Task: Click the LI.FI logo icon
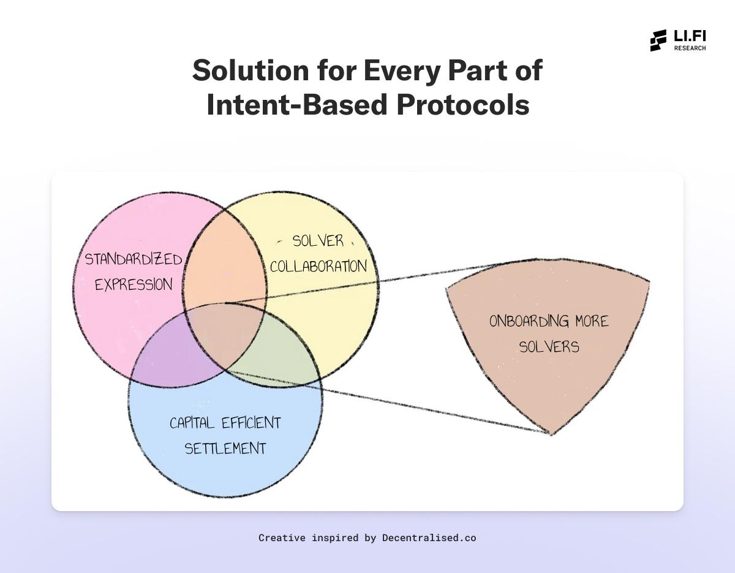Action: pos(658,40)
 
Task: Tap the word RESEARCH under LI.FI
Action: pos(690,48)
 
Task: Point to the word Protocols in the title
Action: pos(462,104)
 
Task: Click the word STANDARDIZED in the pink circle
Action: pos(133,259)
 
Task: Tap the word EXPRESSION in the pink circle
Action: pos(134,285)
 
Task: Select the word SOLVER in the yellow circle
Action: pos(318,241)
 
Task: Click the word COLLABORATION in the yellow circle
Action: pos(318,267)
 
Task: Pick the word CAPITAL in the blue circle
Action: pos(192,423)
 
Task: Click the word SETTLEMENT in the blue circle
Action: pos(225,449)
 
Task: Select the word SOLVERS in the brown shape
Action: pos(549,347)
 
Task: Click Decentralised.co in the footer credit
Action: pos(429,538)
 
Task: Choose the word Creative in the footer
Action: pos(282,538)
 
